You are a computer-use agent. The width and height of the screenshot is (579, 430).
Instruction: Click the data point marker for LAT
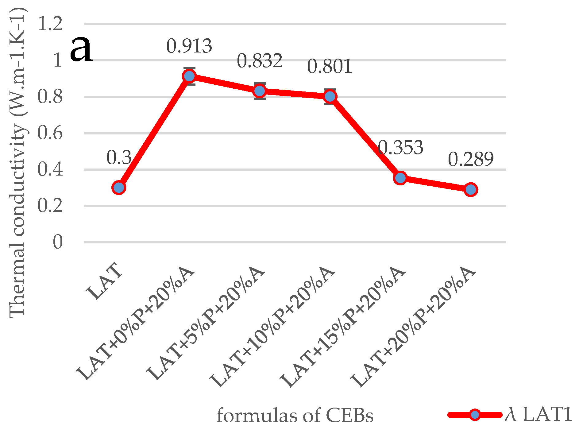[119, 187]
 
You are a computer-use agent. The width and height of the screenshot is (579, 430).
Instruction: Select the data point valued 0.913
[189, 76]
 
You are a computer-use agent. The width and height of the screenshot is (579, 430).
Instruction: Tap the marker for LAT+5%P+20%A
[260, 91]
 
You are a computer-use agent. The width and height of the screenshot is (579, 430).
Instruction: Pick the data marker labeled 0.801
[330, 96]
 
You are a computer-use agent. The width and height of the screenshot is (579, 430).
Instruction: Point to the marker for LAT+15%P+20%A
[400, 178]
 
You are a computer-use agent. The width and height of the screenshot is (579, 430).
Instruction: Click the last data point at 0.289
[471, 189]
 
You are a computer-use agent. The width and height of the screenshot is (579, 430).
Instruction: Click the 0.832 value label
[260, 61]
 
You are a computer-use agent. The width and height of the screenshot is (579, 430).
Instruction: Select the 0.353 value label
[400, 148]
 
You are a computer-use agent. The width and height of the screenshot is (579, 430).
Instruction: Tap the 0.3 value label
[119, 158]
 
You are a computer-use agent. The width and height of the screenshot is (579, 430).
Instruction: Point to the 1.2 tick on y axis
[50, 24]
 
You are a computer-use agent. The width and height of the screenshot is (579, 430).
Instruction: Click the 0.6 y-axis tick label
[50, 133]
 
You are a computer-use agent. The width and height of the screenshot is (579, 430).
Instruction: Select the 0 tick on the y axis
[58, 242]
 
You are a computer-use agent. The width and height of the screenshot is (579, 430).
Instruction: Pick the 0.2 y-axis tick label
[50, 206]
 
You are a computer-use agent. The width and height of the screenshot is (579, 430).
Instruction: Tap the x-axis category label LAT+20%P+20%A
[413, 327]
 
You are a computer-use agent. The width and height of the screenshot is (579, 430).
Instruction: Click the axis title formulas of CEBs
[295, 416]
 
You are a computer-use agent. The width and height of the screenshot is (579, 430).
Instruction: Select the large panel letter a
[81, 49]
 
